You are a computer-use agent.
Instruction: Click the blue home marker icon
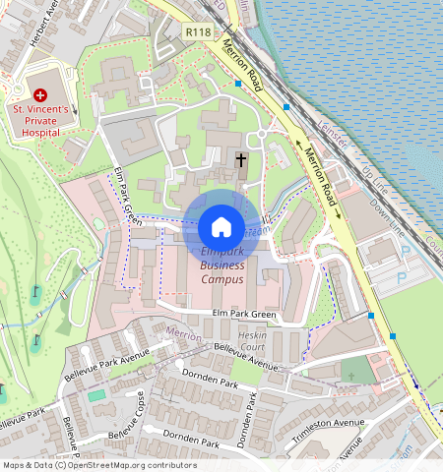pyautogui.click(x=221, y=227)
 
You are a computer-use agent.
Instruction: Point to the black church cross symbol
pyautogui.click(x=240, y=159)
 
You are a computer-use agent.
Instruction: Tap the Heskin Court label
pyautogui.click(x=253, y=342)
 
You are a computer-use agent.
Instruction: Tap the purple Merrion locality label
pyautogui.click(x=184, y=333)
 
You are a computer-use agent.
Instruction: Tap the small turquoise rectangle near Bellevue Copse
pyautogui.click(x=96, y=395)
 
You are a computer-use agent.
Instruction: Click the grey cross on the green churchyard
pyautogui.click(x=348, y=375)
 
